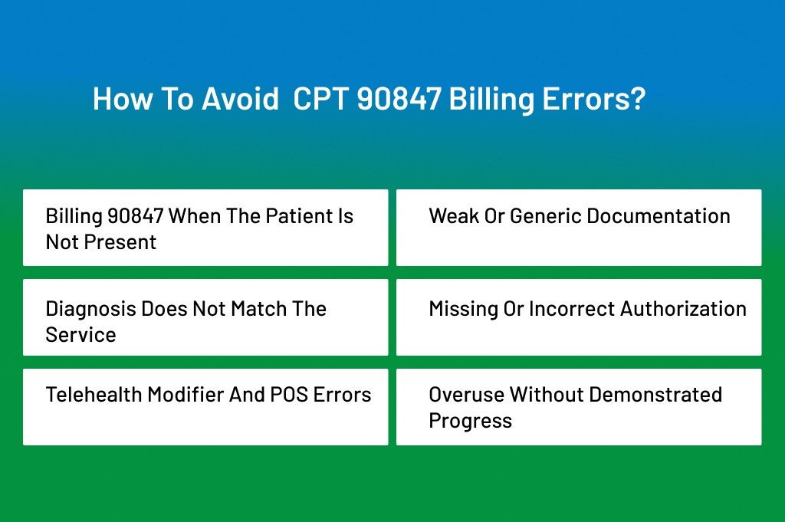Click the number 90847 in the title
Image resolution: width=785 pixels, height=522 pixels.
[x=399, y=98]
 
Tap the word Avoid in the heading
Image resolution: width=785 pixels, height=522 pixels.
[x=240, y=98]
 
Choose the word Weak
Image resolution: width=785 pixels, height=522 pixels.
[x=453, y=216]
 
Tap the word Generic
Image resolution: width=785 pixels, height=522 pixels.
[x=546, y=216]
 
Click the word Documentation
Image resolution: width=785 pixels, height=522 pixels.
[x=659, y=216]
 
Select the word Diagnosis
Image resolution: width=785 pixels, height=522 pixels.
[x=91, y=309]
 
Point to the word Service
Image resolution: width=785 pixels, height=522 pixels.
[x=80, y=335]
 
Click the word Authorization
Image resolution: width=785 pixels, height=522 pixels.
[x=683, y=309]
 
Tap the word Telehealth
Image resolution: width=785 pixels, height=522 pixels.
[x=94, y=395]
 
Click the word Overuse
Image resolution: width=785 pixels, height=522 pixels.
[x=467, y=395]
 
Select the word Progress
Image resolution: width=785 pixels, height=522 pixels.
[x=471, y=421]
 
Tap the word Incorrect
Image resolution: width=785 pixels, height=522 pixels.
[x=572, y=309]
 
